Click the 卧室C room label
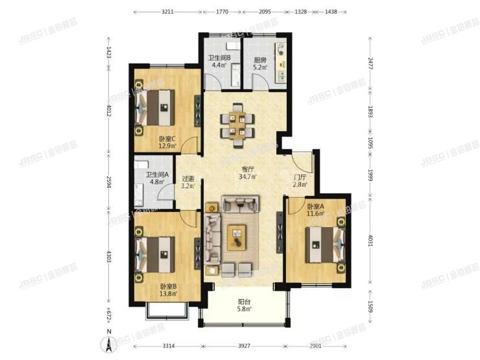coord(167,142)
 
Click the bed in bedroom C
coord(156,107)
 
